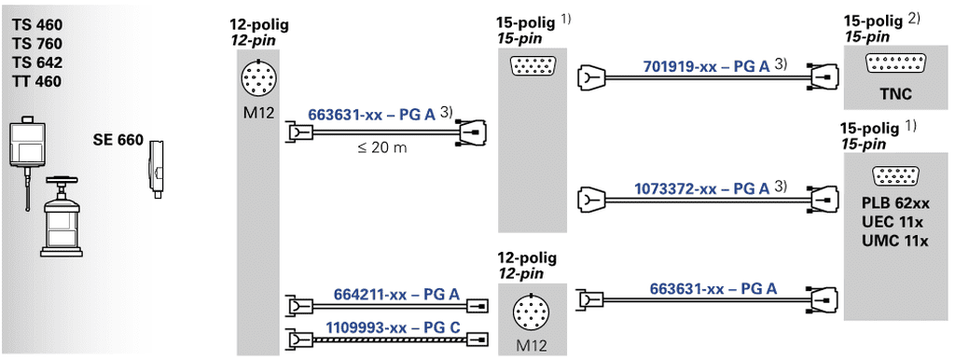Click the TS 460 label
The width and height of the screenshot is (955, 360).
click(36, 25)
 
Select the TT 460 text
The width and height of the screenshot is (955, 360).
click(36, 81)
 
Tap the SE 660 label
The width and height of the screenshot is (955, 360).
click(118, 141)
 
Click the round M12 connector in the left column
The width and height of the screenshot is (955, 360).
click(259, 76)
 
